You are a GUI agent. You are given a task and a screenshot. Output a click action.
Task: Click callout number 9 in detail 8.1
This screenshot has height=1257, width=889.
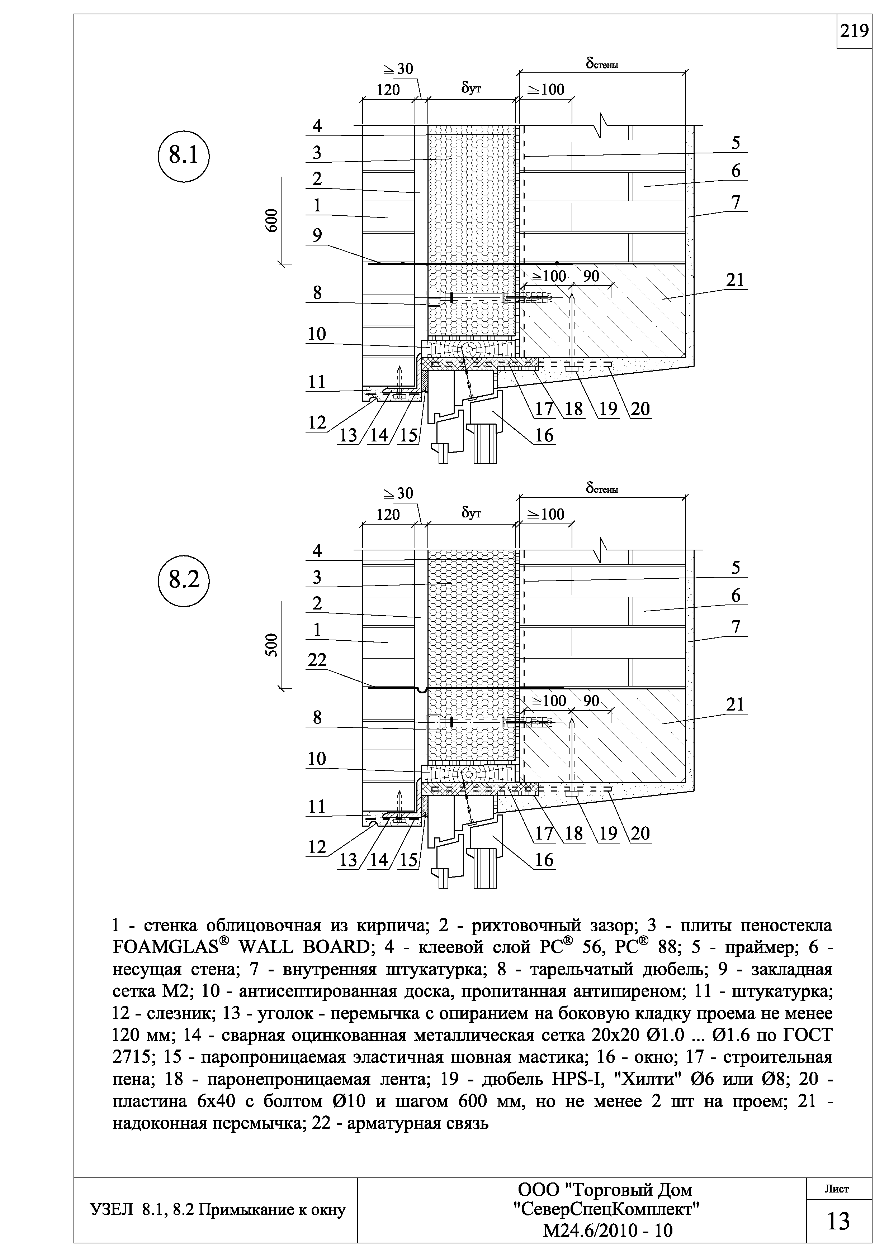click(317, 235)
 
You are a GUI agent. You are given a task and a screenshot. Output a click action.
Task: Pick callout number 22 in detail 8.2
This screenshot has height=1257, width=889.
click(317, 661)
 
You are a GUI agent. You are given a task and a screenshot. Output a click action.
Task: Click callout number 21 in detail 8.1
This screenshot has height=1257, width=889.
click(735, 280)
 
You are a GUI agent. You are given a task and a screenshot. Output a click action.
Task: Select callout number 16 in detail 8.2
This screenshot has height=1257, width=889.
click(544, 860)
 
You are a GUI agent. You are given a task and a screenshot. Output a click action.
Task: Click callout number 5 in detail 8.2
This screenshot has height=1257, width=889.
click(736, 568)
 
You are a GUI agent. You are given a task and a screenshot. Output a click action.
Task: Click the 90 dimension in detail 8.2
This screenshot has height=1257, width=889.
click(591, 701)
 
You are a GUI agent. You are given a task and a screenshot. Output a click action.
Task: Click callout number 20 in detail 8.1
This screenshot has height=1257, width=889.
click(640, 408)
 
